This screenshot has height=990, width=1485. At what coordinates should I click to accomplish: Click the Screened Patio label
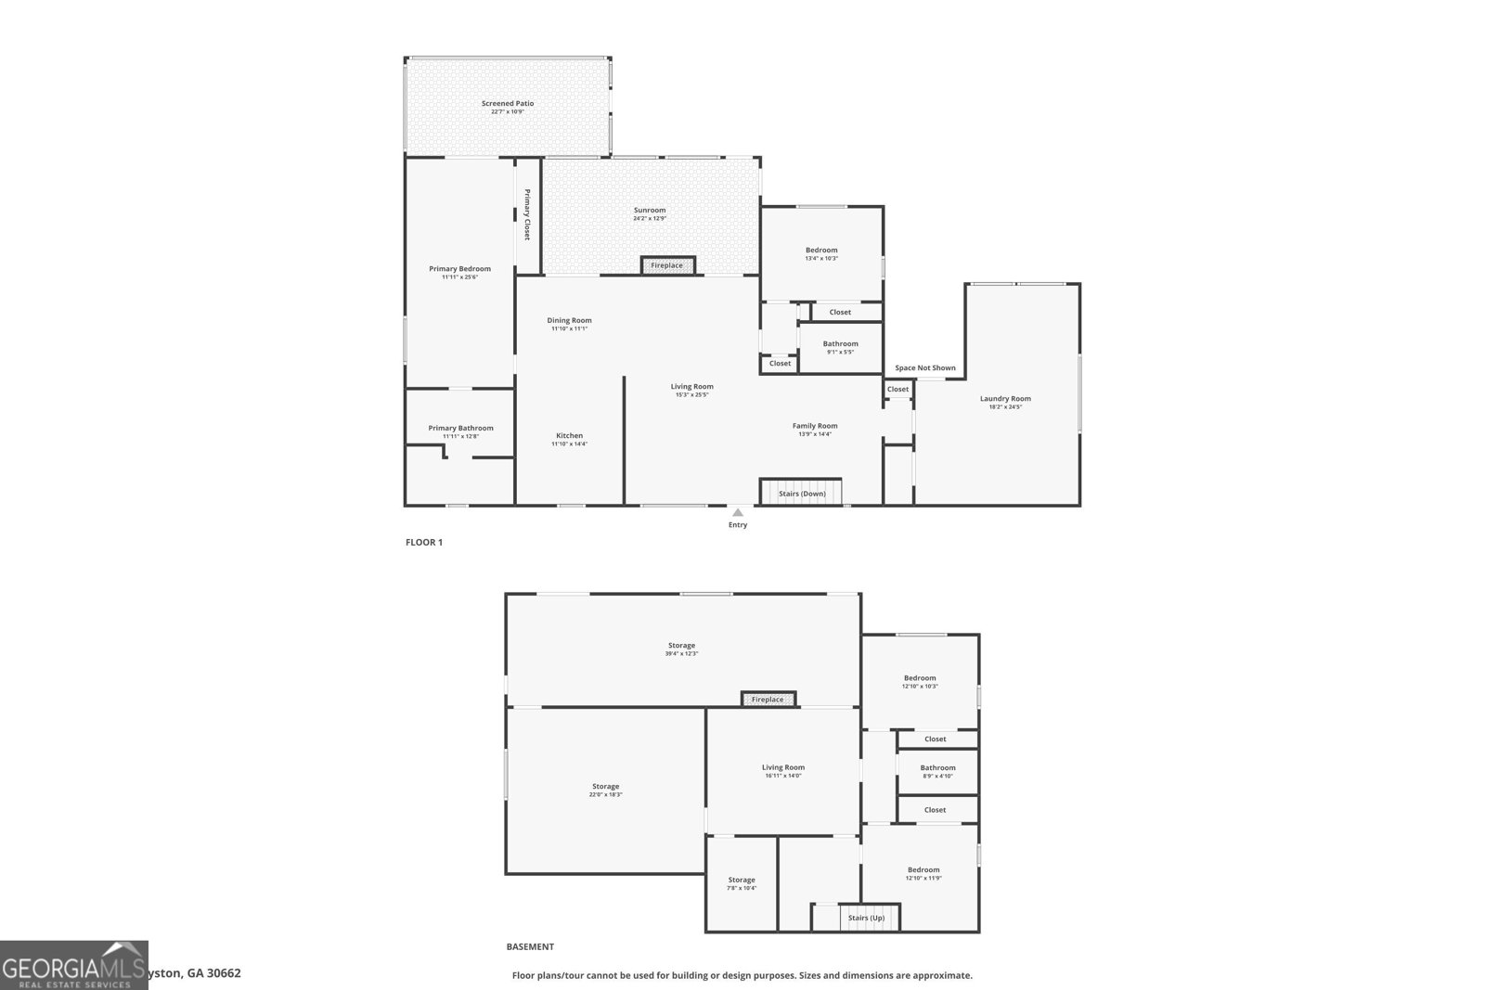tap(508, 104)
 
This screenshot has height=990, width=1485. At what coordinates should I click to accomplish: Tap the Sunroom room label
tap(650, 211)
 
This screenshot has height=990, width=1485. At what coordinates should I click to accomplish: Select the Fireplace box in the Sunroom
tap(667, 265)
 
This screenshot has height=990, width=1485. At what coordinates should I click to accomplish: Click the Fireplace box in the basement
tap(768, 700)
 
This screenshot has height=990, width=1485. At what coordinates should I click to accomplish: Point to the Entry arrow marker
tap(738, 512)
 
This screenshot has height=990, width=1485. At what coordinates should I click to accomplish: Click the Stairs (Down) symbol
tap(801, 493)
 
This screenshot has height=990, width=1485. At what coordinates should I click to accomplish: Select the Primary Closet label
tap(527, 215)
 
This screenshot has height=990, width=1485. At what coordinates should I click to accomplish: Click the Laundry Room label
tap(1005, 399)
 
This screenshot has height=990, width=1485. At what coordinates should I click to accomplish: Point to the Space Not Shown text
tap(925, 368)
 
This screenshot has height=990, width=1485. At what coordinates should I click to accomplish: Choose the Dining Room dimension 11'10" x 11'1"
tap(569, 328)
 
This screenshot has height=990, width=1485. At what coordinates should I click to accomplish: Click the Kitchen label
tap(570, 435)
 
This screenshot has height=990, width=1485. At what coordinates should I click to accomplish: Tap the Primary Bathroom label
tap(460, 428)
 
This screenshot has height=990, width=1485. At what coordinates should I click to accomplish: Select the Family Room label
tap(815, 426)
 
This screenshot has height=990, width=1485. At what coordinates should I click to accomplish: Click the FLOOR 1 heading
tap(424, 542)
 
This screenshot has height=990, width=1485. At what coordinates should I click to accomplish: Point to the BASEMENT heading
tap(530, 946)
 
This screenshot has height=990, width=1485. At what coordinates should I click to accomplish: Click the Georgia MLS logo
tap(74, 965)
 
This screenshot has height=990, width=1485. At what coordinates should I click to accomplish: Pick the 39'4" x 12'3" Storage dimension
tap(681, 653)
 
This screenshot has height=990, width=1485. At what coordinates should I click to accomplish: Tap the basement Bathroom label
tap(937, 767)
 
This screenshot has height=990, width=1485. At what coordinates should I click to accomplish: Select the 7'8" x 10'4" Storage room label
tap(742, 880)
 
